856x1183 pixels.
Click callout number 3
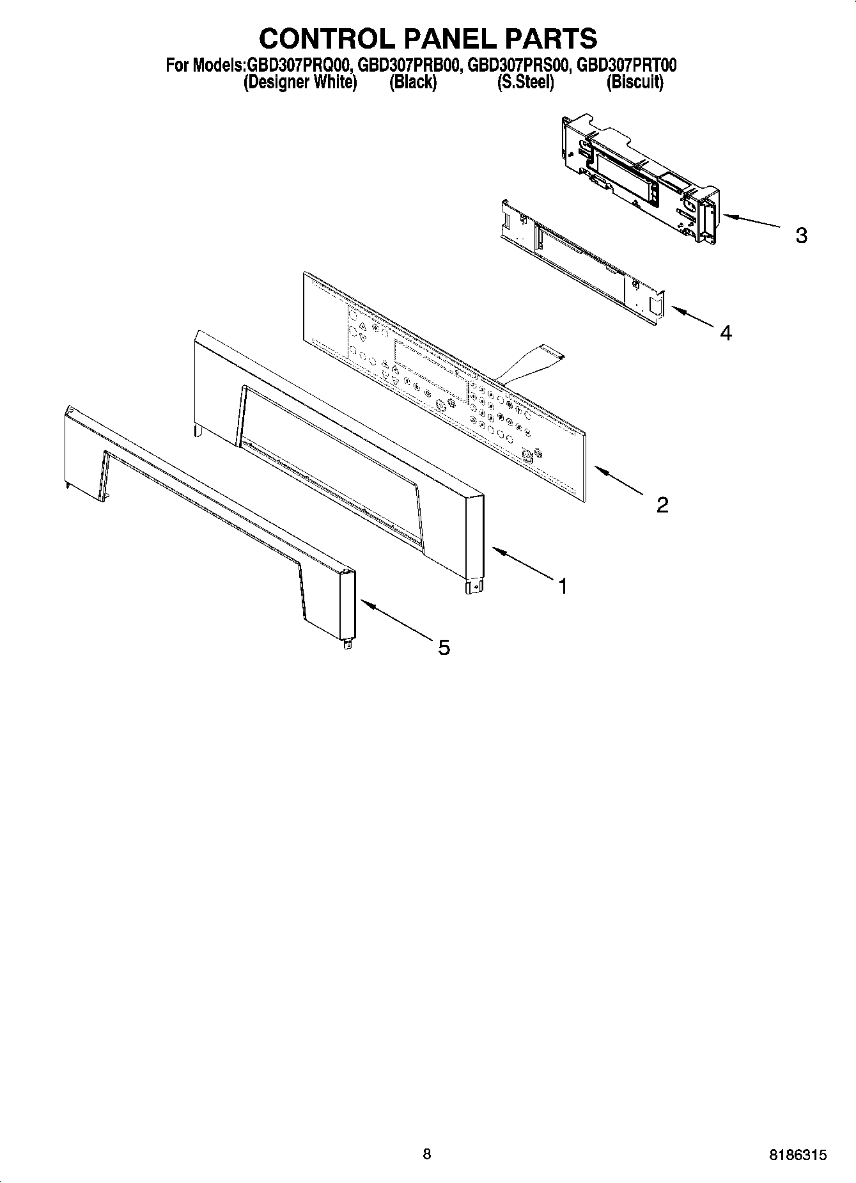pos(801,235)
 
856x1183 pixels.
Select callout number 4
pos(725,333)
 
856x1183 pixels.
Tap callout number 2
pos(662,505)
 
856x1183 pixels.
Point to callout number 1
pos(563,585)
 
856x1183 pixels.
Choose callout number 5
pos(444,647)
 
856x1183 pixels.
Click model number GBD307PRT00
pos(626,65)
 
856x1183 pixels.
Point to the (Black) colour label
pos(413,82)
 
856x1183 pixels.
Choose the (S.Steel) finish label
pos(525,82)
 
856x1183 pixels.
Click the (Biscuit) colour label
pos(635,82)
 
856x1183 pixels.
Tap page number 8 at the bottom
pos(427,1154)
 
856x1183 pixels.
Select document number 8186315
pos(798,1155)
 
